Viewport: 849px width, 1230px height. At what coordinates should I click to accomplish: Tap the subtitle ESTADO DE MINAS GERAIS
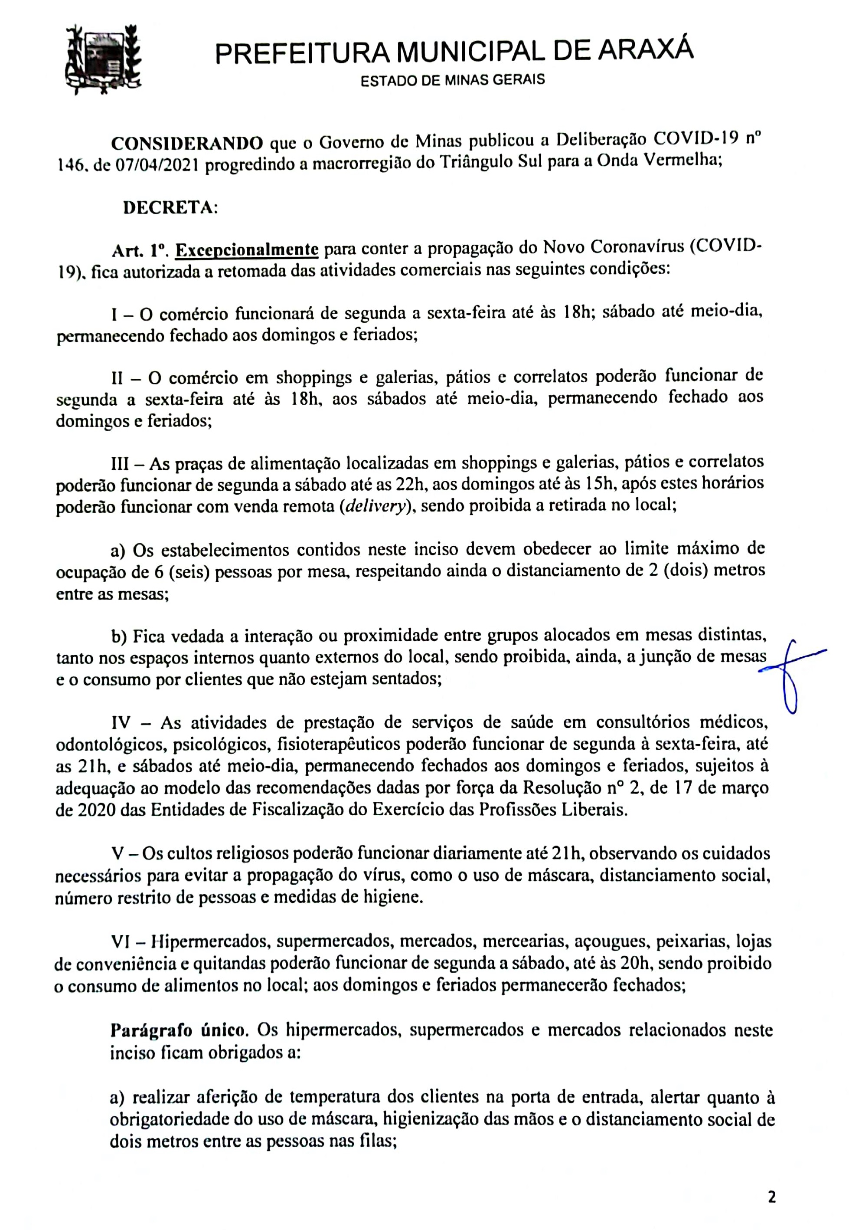tap(453, 80)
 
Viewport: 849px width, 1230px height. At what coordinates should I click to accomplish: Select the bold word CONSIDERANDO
tap(187, 143)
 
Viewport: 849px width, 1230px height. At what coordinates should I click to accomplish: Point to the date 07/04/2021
tap(155, 166)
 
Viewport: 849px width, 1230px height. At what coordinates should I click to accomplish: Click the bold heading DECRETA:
tap(170, 207)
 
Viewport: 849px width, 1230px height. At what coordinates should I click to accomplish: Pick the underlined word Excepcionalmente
tap(247, 249)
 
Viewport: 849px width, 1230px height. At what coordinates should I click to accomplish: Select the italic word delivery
tap(375, 505)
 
